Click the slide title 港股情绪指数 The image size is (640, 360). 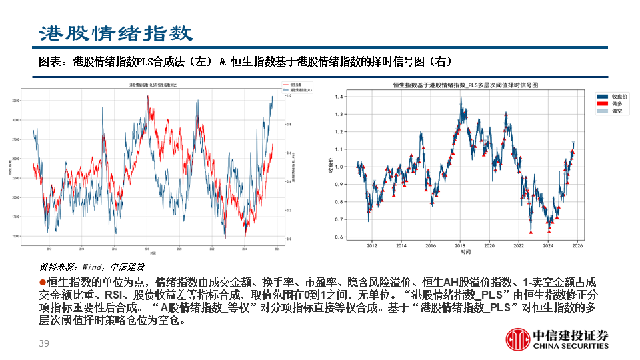pos(116,33)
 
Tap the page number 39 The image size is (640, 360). pos(45,344)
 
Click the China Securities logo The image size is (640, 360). pos(557,339)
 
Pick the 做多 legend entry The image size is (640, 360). pos(615,104)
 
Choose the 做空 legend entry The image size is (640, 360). pos(615,111)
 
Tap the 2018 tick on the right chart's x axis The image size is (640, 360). pos(460,245)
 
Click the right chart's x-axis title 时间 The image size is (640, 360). pos(465,253)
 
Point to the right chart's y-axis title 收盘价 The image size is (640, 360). pos(331,167)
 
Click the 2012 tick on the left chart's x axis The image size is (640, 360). pos(49,249)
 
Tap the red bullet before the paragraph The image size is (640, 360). pos(41,282)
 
